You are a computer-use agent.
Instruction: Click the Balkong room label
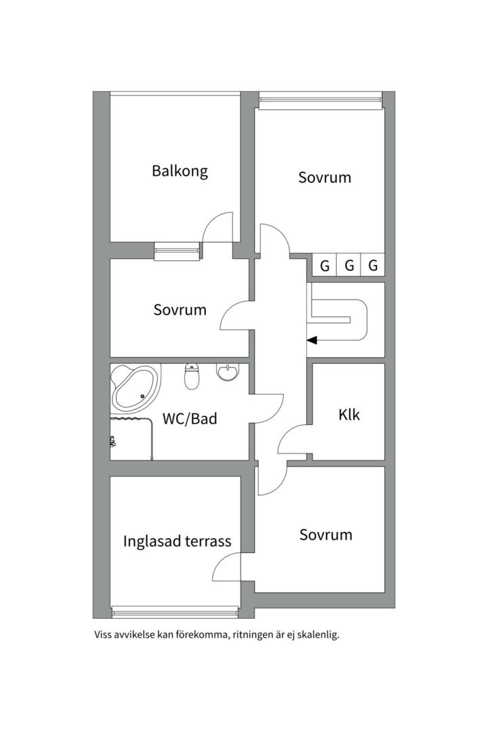(x=180, y=171)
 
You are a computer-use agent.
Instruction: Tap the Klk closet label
(x=349, y=415)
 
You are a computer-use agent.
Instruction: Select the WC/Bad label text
(x=190, y=418)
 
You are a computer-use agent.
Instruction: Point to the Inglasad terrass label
(x=177, y=541)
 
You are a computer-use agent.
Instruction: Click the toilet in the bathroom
(x=192, y=377)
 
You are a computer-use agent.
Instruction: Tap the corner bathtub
(x=136, y=388)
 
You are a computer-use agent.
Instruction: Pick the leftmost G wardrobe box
(x=325, y=266)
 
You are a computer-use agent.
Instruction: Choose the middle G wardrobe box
(x=349, y=266)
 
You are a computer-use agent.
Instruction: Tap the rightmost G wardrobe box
(x=373, y=266)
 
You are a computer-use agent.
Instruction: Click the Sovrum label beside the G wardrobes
(x=325, y=178)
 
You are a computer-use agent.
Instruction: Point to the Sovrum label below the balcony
(x=180, y=310)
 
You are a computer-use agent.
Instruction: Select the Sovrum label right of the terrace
(x=325, y=535)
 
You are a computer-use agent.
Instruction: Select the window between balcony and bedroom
(x=178, y=251)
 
